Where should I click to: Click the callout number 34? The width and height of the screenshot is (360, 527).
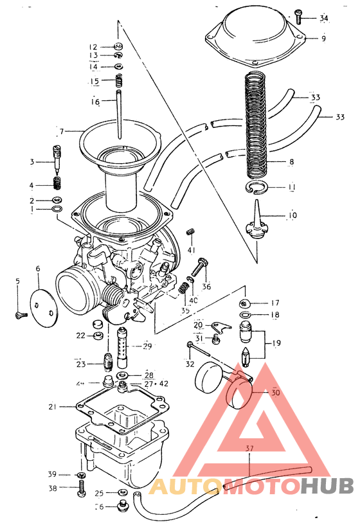(323, 18)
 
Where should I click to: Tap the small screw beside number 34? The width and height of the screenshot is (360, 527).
(299, 15)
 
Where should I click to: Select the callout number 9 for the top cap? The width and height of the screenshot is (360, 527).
(323, 39)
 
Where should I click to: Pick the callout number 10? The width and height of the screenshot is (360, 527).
(292, 215)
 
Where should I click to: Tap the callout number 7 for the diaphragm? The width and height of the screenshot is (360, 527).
(62, 132)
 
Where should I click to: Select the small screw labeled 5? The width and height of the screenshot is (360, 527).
(19, 314)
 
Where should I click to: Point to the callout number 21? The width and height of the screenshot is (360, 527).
(53, 406)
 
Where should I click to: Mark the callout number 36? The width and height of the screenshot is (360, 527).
(206, 287)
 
